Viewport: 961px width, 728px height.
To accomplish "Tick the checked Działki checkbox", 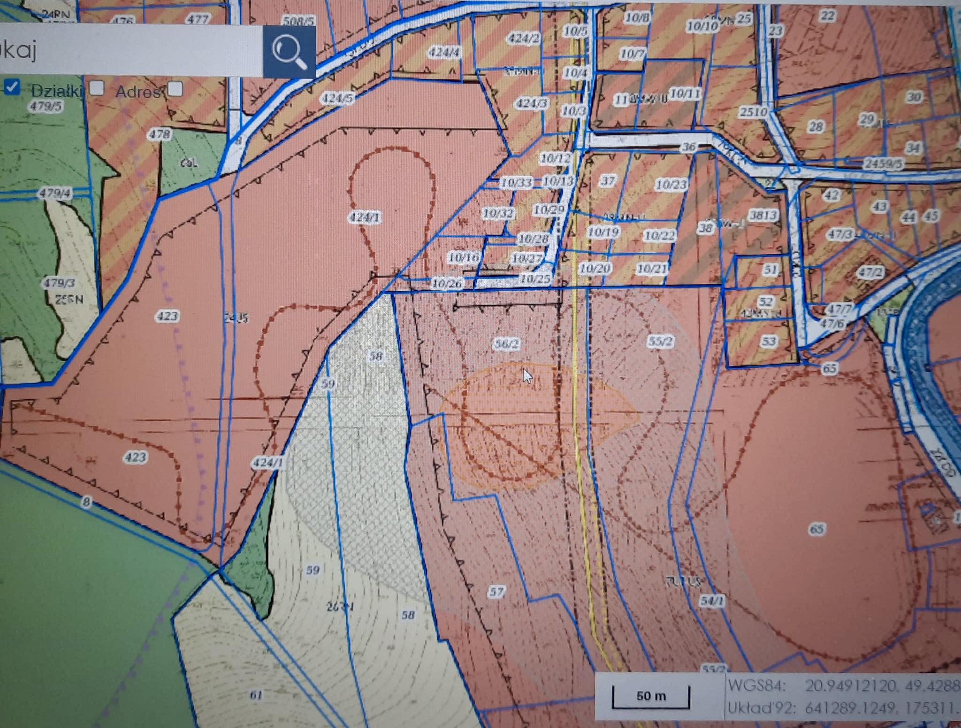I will pos(12,87).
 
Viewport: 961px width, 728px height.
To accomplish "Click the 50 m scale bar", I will pos(651,696).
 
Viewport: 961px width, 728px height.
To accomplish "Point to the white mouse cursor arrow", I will pos(527,375).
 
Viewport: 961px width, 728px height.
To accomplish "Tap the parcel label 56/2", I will pos(507,344).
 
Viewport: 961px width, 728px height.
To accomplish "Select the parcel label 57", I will pos(496,591).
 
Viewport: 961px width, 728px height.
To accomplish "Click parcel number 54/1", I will pos(712,600).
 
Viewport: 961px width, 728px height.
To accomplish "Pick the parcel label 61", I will pos(256,695).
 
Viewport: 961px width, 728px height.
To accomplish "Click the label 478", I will pos(159,134).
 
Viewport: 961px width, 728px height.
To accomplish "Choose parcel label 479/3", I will pos(59,283).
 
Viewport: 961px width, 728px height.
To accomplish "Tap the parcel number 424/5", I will pos(336,98).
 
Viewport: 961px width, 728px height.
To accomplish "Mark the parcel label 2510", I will pos(753,112).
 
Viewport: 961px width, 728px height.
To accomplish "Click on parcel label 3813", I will pos(763,215).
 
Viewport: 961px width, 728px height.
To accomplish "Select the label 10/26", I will pos(447,283).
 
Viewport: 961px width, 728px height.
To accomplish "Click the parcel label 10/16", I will pos(464,257).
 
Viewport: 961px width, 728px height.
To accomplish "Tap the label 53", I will pos(769,341).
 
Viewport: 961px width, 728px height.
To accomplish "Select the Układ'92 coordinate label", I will pos(761,708).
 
